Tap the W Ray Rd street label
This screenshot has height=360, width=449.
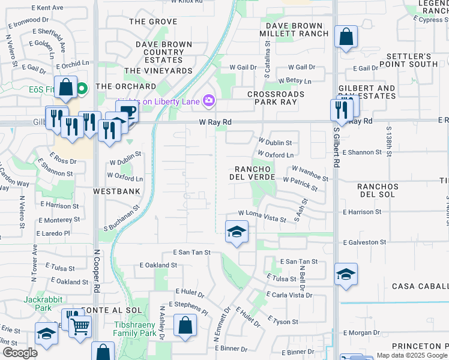click(215, 122)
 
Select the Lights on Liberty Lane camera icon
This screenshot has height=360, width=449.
click(209, 101)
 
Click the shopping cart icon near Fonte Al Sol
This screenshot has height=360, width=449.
click(80, 326)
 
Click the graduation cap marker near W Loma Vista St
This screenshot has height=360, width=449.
click(237, 232)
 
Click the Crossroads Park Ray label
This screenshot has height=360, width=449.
click(276, 98)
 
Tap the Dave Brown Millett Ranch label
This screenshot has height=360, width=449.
click(294, 29)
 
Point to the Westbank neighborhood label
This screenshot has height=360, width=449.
click(116, 191)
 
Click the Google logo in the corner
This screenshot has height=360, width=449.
click(20, 352)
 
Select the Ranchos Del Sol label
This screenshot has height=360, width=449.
click(378, 191)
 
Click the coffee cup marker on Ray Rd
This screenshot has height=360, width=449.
click(127, 111)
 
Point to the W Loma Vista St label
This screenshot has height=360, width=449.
click(262, 215)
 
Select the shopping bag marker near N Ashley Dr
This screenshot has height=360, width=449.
click(185, 326)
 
